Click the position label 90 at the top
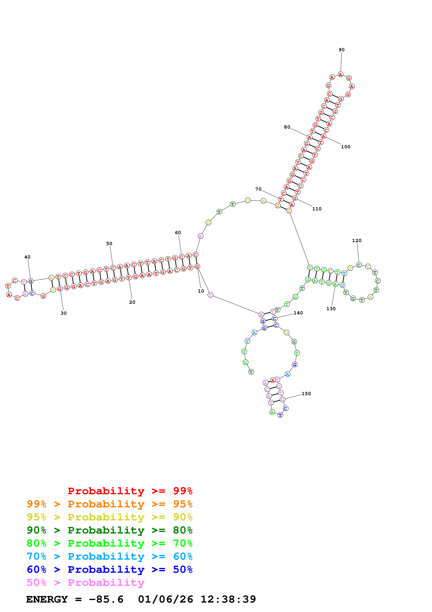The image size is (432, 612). (x=342, y=50)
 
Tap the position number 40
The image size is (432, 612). (x=27, y=257)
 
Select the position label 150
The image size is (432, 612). (x=306, y=394)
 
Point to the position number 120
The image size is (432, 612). (x=357, y=241)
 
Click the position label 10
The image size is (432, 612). (x=201, y=291)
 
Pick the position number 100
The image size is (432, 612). (x=346, y=147)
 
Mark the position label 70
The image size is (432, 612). (x=258, y=189)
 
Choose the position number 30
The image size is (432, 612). (x=64, y=313)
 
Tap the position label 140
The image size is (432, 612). (x=298, y=313)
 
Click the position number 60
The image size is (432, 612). (x=178, y=233)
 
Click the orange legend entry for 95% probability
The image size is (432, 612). (x=109, y=504)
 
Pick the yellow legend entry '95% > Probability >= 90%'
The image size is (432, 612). (x=109, y=517)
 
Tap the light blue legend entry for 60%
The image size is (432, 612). (x=109, y=556)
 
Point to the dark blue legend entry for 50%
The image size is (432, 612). (x=109, y=569)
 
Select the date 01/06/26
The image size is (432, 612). (x=165, y=599)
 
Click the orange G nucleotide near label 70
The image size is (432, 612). (x=278, y=206)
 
